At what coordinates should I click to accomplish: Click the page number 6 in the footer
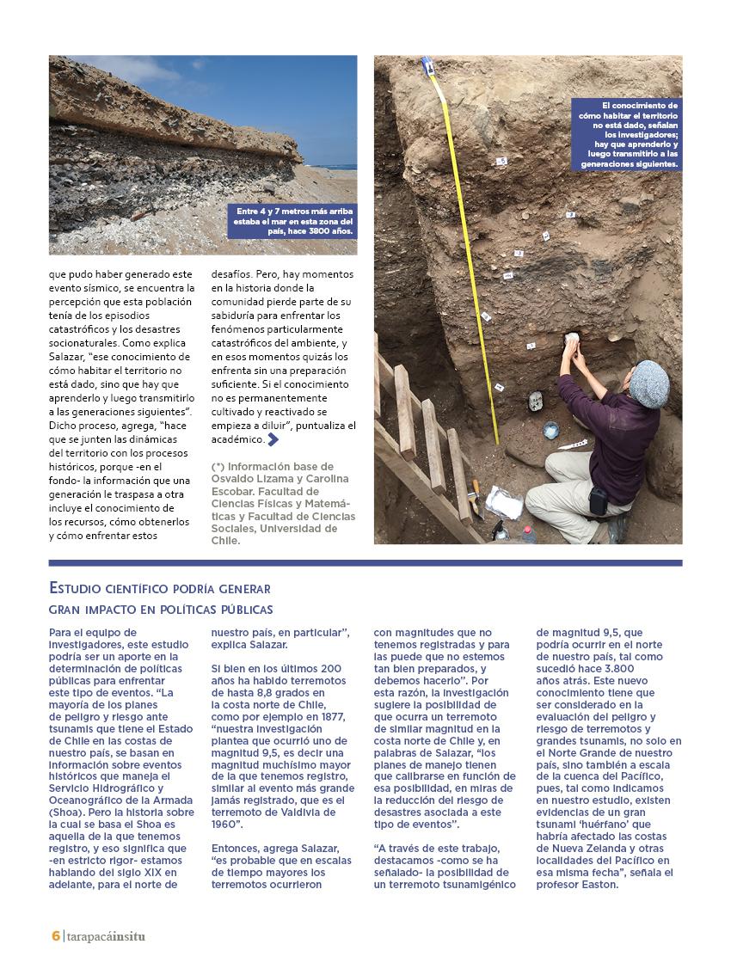tap(55, 935)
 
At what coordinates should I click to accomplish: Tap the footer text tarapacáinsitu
tap(105, 935)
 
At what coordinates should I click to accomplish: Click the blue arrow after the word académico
tap(273, 439)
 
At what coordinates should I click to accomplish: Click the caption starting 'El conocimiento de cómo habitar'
tap(627, 134)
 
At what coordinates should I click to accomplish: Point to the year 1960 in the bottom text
tap(227, 824)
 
